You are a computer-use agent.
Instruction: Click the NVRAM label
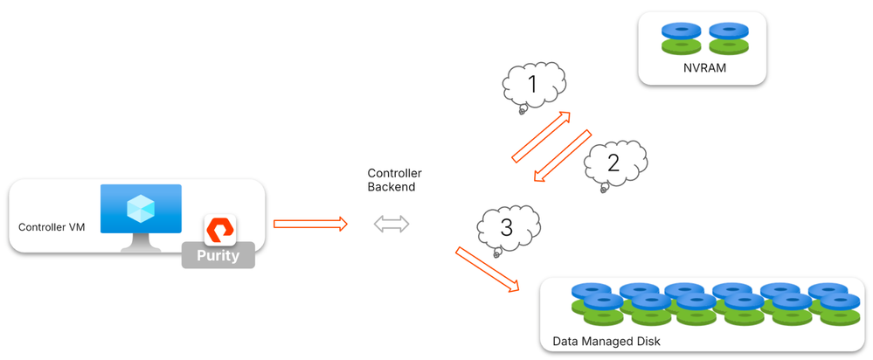coord(702,67)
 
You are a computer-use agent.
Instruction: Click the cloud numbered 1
coord(533,86)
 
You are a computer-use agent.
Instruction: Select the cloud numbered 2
coord(614,163)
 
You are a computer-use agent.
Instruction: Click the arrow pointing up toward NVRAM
coord(540,137)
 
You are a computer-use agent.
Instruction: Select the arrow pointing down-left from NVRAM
coord(564,157)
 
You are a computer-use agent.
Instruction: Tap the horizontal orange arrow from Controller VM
coord(310,225)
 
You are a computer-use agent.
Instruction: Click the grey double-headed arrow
coord(391,225)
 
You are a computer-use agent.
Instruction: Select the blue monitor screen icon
coord(141,209)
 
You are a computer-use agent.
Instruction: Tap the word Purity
coord(218,257)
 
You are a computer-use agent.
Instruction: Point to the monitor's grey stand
coord(141,244)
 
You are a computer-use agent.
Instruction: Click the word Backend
coord(391,187)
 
